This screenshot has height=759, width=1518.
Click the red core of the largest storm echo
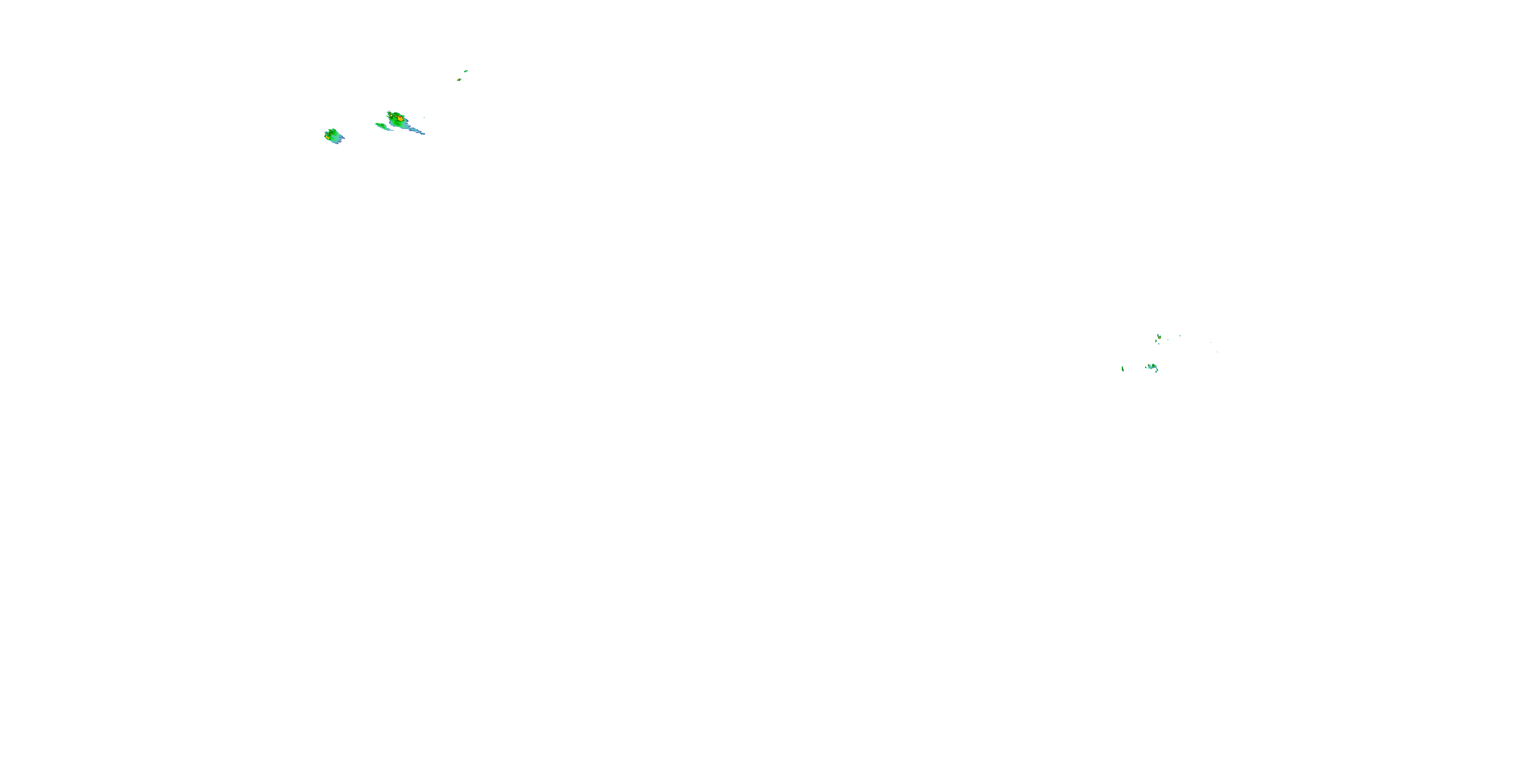(401, 118)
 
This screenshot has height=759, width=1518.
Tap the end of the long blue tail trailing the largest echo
(424, 134)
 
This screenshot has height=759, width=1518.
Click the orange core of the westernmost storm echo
(328, 137)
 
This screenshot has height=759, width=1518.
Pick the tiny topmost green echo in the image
(466, 71)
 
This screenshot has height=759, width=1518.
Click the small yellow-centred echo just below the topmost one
(459, 79)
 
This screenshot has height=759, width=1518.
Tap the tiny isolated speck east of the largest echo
(425, 117)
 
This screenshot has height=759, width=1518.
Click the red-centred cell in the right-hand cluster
(1159, 338)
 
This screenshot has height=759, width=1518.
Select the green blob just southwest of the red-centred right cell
(1156, 341)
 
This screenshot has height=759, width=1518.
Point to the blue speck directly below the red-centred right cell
(1159, 344)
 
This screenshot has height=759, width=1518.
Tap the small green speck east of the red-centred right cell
(1168, 340)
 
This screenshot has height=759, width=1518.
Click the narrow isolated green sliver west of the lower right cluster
(1123, 369)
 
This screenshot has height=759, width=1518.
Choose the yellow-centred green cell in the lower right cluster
(1153, 366)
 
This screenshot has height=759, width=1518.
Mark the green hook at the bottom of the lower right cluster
(1157, 371)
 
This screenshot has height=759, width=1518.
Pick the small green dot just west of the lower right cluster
(1146, 368)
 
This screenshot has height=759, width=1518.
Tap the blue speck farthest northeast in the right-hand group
(1180, 336)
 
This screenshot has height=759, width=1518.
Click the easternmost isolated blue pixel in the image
(1217, 352)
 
